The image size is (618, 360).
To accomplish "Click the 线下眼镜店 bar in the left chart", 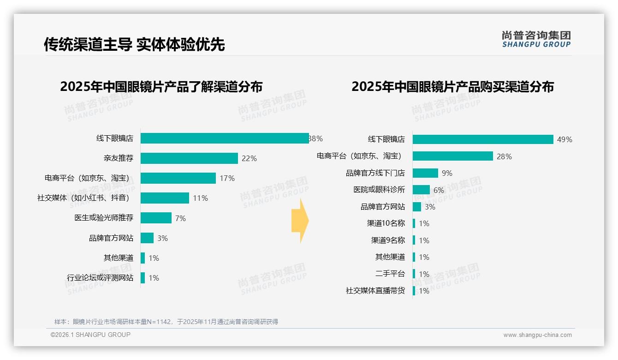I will (x=225, y=138).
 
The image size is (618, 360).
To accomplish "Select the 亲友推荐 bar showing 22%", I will (x=189, y=158).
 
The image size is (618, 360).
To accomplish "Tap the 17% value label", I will (x=227, y=178).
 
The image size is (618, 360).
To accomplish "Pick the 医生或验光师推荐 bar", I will (x=156, y=218).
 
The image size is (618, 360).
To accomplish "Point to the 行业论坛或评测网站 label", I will (x=100, y=278).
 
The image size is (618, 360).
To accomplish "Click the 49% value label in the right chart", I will (x=565, y=139).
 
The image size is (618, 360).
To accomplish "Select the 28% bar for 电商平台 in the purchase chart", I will (x=452, y=156).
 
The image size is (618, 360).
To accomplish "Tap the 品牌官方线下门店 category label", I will (x=375, y=173).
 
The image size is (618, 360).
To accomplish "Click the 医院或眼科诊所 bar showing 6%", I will (x=421, y=190).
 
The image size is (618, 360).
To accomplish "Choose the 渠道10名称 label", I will (x=386, y=223).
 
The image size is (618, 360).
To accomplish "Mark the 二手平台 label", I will (x=390, y=274).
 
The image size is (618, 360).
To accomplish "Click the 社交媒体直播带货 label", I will (x=375, y=291).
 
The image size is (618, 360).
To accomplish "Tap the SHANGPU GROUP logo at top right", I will (x=536, y=39).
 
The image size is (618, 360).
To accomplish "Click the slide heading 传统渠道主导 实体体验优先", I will (x=134, y=44).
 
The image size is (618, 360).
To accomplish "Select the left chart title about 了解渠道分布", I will (x=161, y=87).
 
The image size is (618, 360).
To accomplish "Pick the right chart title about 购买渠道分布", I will (x=452, y=87).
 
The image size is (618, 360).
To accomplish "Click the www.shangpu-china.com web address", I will (x=537, y=335).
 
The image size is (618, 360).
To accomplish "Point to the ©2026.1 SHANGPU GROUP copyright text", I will (x=90, y=335).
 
